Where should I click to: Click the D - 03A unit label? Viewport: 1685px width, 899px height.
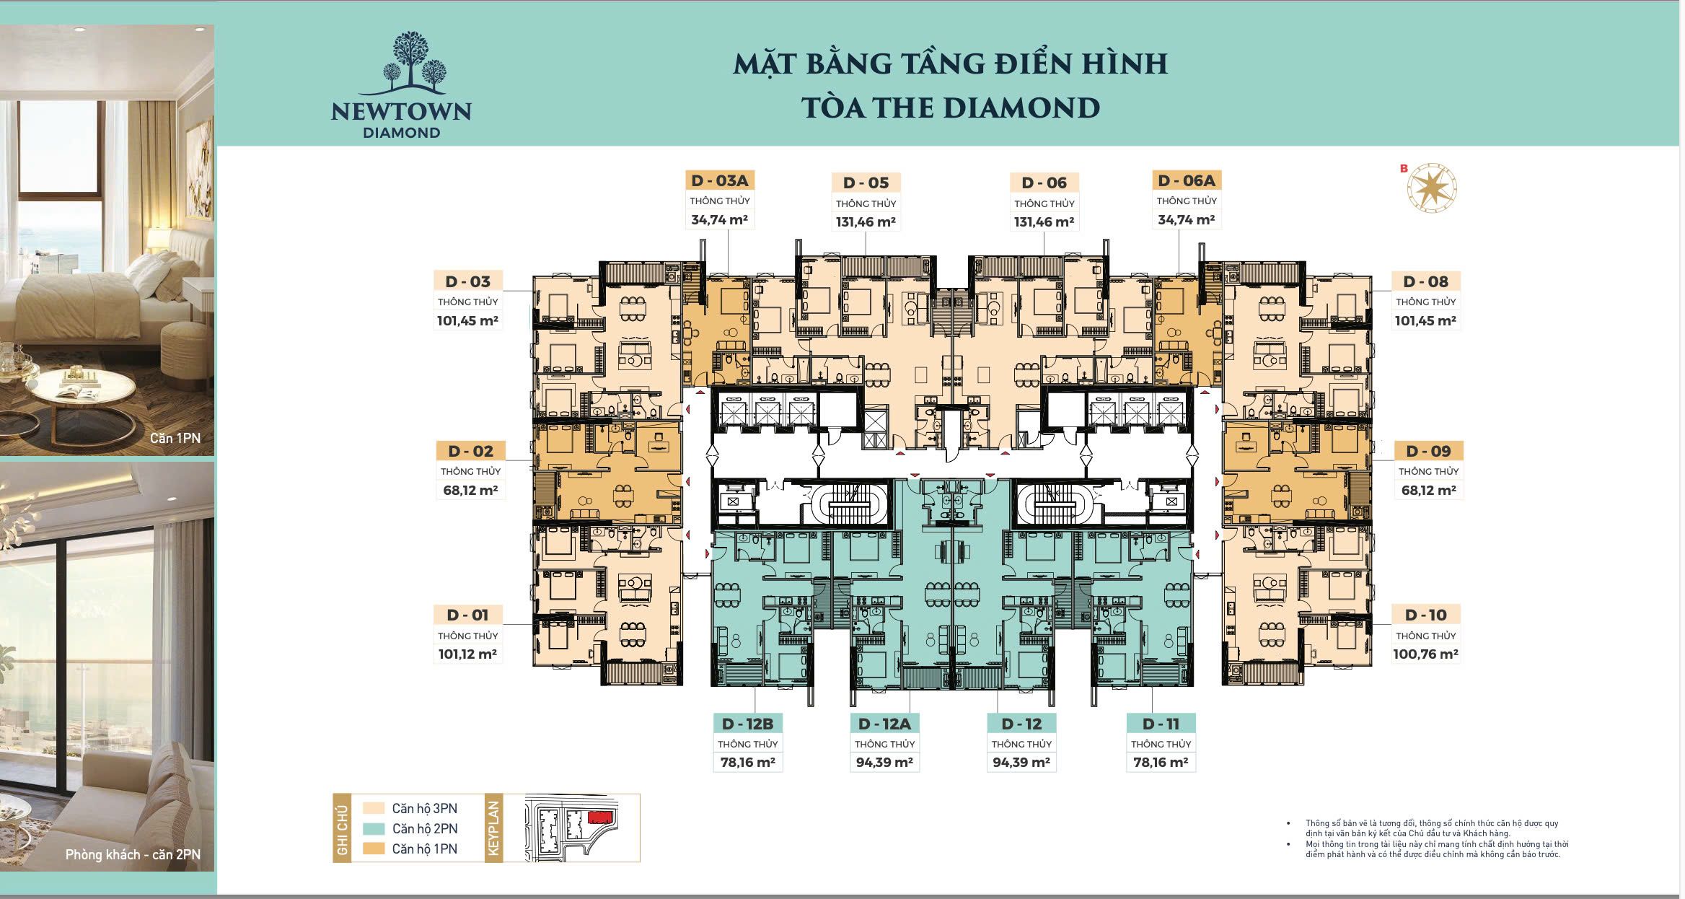719,180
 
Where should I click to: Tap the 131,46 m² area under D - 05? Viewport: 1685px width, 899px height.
866,222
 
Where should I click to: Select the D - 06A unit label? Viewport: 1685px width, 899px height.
1187,180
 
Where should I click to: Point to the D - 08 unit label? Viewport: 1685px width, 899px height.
1425,281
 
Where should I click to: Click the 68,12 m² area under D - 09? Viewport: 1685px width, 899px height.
1428,491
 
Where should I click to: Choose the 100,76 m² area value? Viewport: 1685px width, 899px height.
1425,654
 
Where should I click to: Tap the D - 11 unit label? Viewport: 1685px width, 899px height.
1161,724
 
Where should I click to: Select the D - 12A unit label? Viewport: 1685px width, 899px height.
884,724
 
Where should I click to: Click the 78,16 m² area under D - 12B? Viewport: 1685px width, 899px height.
747,762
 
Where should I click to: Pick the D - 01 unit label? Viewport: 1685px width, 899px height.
467,615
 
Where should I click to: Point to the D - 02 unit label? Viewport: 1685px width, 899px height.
470,452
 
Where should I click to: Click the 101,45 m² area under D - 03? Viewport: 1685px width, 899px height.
467,321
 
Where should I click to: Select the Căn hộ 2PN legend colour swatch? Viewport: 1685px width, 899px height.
374,829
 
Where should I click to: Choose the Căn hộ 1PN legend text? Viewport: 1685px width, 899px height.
425,849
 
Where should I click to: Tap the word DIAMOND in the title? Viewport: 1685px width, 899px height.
1022,108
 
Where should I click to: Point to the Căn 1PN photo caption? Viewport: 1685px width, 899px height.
175,438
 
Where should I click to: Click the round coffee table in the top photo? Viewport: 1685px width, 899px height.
81,393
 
